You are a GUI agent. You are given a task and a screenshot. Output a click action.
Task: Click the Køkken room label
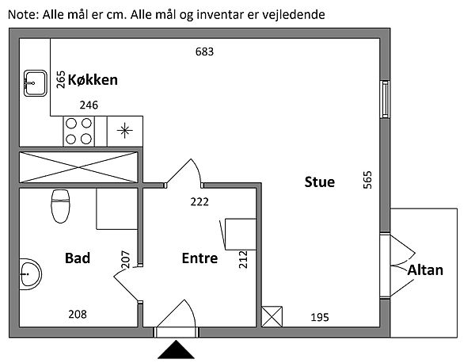[x=93, y=79]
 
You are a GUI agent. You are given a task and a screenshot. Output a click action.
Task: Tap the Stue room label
[x=320, y=181]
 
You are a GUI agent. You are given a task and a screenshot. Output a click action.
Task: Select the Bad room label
[x=78, y=258]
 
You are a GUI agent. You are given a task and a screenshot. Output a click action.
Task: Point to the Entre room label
[x=199, y=258]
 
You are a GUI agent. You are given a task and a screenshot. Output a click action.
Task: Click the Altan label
[x=425, y=270]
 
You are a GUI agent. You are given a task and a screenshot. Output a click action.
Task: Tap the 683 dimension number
[x=205, y=52]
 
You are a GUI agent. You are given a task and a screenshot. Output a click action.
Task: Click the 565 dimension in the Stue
[x=367, y=181]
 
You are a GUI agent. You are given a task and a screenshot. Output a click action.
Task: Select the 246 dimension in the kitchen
[x=89, y=105]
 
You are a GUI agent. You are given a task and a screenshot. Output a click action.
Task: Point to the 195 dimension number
[x=319, y=317]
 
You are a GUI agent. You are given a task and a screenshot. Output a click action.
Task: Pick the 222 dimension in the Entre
[x=199, y=201]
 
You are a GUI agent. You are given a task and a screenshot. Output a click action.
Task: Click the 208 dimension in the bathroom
[x=77, y=315]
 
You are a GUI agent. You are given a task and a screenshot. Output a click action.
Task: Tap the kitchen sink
[x=34, y=81]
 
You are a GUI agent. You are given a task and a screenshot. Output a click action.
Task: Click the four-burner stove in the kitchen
[x=78, y=131]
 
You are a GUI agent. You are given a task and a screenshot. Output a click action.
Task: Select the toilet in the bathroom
[x=59, y=205]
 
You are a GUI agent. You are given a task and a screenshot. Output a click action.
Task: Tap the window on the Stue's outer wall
[x=384, y=98]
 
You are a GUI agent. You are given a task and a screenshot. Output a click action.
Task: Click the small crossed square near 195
[x=272, y=317]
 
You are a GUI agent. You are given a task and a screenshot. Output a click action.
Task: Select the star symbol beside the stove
[x=124, y=130]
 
